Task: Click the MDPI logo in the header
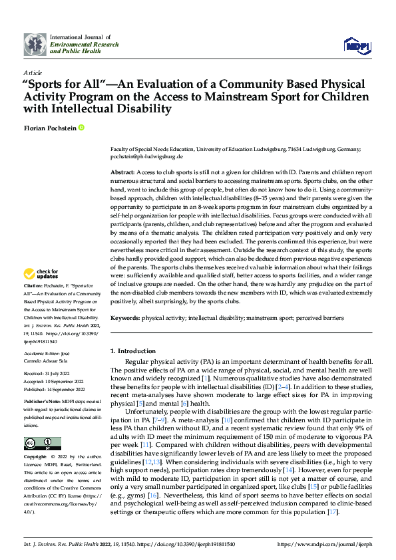[357, 45]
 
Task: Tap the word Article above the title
[33, 72]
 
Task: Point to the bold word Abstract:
[122, 172]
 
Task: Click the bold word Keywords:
[124, 319]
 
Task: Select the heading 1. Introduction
[132, 350]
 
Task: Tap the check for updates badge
[41, 274]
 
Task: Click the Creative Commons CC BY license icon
[42, 444]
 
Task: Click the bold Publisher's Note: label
[43, 403]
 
